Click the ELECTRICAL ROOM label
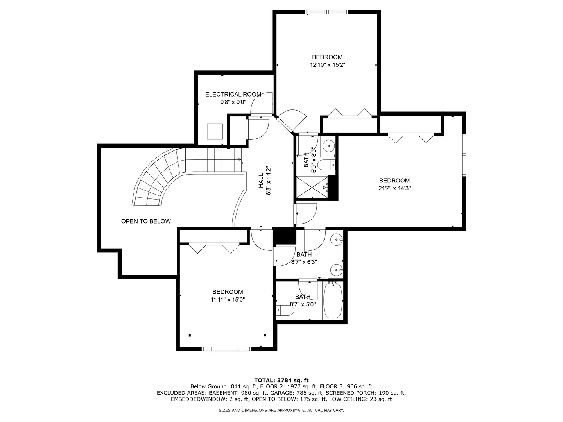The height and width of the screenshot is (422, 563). point(233,94)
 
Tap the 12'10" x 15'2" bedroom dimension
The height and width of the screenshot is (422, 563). point(328,65)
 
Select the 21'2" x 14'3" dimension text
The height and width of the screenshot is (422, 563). point(394,188)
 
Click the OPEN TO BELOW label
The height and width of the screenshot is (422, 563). point(146,221)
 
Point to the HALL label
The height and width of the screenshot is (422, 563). point(261,181)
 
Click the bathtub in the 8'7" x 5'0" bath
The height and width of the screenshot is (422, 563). point(333,300)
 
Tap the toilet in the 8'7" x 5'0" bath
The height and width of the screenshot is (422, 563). point(285,311)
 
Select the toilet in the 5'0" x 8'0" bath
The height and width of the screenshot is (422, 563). point(326,165)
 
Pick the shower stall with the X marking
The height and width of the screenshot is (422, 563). point(312,187)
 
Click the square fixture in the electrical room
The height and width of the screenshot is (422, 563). point(215,132)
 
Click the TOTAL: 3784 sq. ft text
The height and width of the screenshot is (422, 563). point(281,380)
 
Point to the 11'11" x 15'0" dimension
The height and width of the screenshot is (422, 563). point(228,300)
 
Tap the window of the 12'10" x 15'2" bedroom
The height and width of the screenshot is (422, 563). point(326,12)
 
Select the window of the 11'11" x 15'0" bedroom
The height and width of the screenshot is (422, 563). point(226,349)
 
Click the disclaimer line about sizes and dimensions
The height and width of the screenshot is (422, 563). point(281,410)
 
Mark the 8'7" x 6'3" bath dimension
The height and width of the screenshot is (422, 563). point(304,262)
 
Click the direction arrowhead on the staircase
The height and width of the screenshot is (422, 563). point(240,160)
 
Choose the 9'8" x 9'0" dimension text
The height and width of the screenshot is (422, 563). point(233,102)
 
